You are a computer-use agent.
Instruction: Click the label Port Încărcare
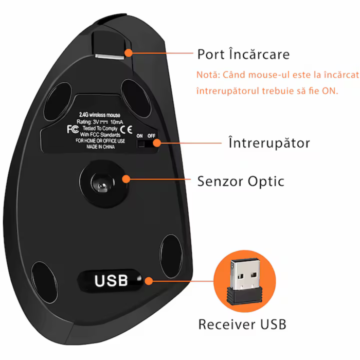pyautogui.click(x=243, y=54)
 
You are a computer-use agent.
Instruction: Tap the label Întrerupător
pyautogui.click(x=269, y=142)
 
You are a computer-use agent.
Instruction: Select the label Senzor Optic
pyautogui.click(x=241, y=181)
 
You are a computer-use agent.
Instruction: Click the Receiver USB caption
pyautogui.click(x=242, y=324)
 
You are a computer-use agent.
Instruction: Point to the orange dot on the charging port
pyautogui.click(x=128, y=52)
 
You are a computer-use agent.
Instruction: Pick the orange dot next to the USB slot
pyautogui.click(x=149, y=281)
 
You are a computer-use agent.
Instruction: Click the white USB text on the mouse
pyautogui.click(x=111, y=281)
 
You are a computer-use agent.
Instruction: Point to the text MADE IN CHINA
pyautogui.click(x=97, y=147)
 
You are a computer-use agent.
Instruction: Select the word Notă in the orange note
pyautogui.click(x=207, y=75)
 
